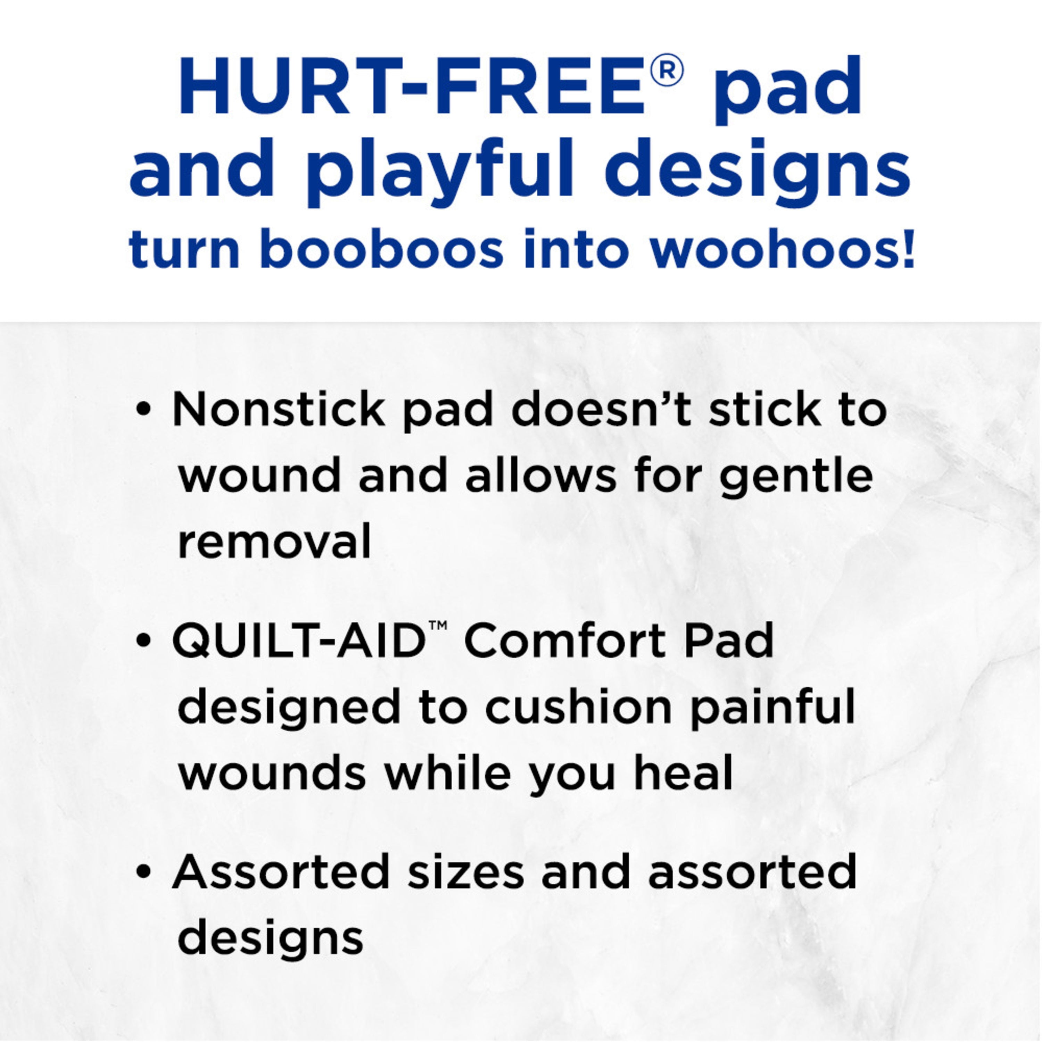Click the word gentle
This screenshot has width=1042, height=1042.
[x=796, y=478]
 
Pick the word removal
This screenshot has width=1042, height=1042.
[x=274, y=541]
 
